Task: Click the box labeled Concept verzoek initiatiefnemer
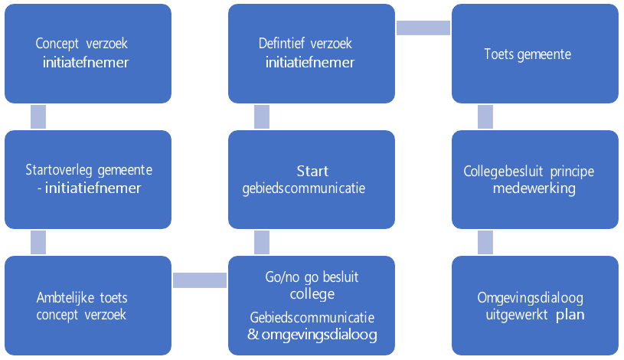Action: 88,54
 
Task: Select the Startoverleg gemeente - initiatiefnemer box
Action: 88,179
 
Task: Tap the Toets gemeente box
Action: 534,54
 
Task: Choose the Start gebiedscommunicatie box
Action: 311,179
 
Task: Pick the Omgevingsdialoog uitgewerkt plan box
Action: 534,305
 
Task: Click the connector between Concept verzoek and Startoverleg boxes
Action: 38,116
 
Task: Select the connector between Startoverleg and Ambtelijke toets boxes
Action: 38,242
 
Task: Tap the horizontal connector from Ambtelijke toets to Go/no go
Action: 199,280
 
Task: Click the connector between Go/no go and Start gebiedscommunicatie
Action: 261,242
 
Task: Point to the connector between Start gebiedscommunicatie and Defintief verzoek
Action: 261,116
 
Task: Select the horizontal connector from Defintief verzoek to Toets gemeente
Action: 423,28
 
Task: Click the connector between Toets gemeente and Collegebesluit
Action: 485,116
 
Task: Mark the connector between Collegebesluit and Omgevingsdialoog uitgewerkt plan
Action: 485,242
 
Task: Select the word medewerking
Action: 534,188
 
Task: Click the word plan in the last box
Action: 570,314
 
